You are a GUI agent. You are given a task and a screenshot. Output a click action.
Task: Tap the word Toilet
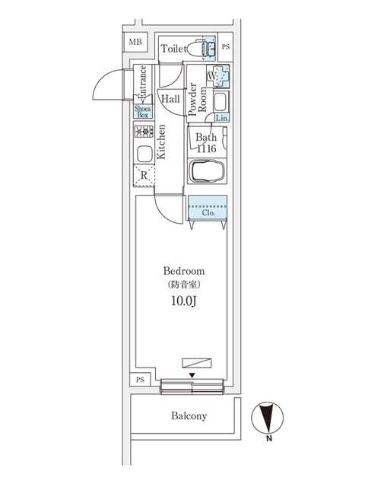pyautogui.click(x=173, y=49)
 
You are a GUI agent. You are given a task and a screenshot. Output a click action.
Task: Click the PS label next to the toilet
pyautogui.click(x=226, y=47)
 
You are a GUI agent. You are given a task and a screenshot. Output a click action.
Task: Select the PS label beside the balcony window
pyautogui.click(x=139, y=380)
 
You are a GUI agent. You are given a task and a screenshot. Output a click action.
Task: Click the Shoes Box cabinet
pyautogui.click(x=142, y=110)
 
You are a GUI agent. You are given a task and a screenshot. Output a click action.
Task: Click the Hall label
pyautogui.click(x=170, y=99)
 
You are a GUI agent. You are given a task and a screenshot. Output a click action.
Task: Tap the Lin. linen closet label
pyautogui.click(x=221, y=118)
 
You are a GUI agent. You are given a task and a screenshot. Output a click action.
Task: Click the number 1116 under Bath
pyautogui.click(x=206, y=149)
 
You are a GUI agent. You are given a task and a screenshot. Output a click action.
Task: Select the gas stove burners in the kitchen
pyautogui.click(x=144, y=132)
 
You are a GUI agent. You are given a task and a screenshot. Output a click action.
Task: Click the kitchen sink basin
pyautogui.click(x=144, y=153)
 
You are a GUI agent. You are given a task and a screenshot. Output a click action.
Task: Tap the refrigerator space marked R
pyautogui.click(x=144, y=176)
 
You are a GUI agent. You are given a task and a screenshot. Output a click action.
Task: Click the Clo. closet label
pyautogui.click(x=208, y=212)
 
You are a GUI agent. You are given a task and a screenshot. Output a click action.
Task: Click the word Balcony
pyautogui.click(x=189, y=416)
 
